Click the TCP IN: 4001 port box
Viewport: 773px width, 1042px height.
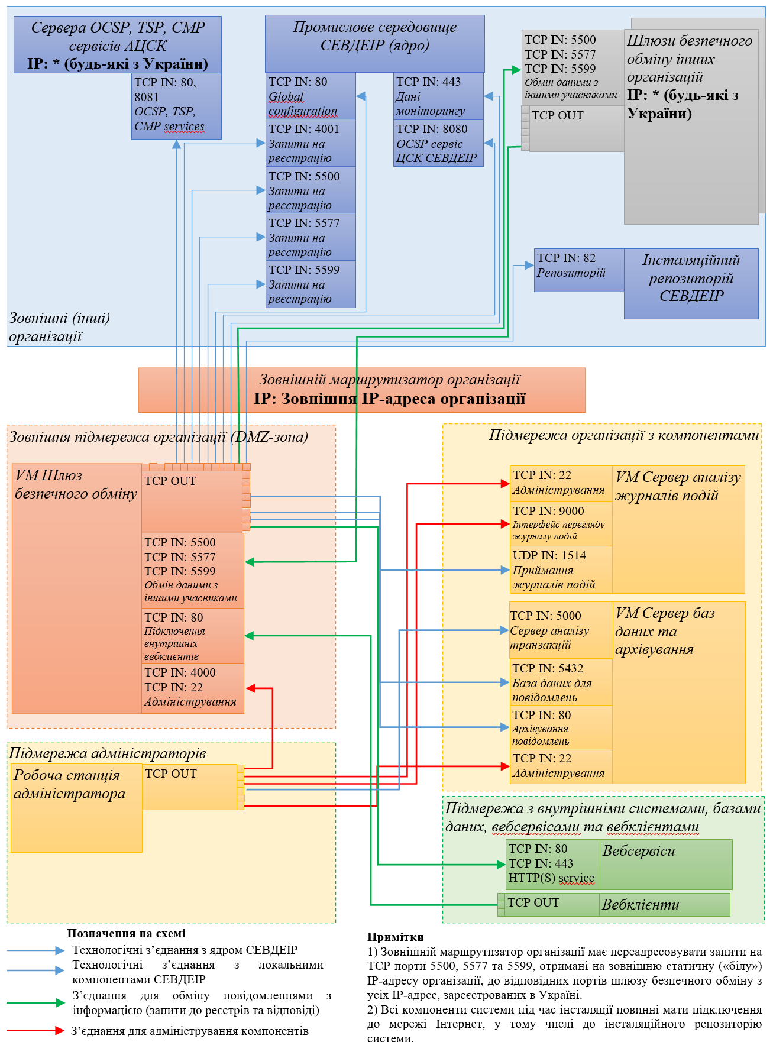[311, 143]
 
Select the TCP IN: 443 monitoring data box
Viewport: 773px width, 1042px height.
[438, 96]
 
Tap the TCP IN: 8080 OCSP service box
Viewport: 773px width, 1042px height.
[438, 143]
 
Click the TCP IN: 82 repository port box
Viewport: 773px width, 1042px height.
[578, 270]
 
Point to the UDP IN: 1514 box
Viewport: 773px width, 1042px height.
[561, 569]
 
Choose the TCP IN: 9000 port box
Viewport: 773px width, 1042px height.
[561, 523]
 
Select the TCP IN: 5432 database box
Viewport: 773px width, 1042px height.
[561, 682]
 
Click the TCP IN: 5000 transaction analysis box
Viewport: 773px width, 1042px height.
[561, 630]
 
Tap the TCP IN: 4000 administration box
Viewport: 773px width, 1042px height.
[192, 688]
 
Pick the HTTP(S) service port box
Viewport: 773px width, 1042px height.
[552, 864]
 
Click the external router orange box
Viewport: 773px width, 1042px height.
[361, 390]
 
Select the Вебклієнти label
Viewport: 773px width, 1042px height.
[641, 904]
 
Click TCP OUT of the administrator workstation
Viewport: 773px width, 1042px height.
[189, 787]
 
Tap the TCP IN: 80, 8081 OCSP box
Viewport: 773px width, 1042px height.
[176, 105]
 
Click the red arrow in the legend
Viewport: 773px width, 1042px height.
[35, 1031]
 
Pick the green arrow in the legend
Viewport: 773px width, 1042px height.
[35, 1002]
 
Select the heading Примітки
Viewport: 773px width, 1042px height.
[395, 937]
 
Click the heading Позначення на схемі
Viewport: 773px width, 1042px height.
[126, 933]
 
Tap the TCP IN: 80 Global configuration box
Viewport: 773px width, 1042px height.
[311, 96]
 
